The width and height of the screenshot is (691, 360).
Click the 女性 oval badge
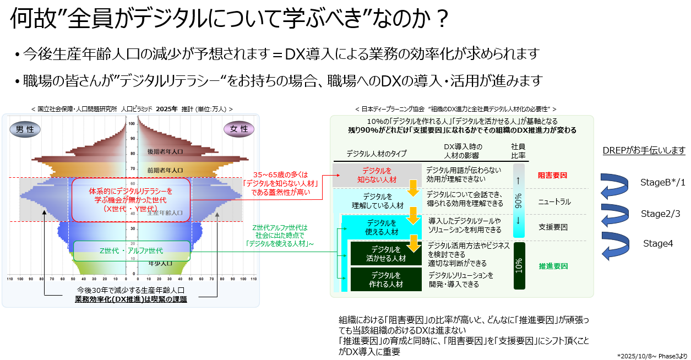(x=239, y=129)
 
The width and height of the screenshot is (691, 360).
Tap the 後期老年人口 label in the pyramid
(x=165, y=151)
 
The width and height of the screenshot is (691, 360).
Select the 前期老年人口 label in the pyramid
(x=165, y=170)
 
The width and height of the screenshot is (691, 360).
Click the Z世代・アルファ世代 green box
(x=132, y=250)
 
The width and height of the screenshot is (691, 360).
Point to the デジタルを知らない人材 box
(x=377, y=175)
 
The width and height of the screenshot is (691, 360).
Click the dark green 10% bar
(x=519, y=266)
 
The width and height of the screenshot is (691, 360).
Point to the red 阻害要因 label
(x=552, y=176)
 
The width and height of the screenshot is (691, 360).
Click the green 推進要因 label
(x=552, y=266)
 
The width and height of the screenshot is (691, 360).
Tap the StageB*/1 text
(x=663, y=182)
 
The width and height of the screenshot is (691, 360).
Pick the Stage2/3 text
(x=660, y=214)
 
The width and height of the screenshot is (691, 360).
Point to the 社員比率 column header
(x=518, y=151)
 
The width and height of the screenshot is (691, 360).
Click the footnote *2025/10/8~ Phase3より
(x=652, y=355)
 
